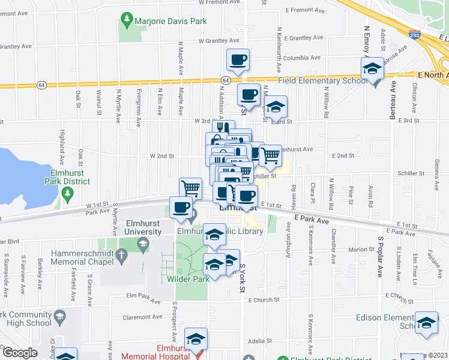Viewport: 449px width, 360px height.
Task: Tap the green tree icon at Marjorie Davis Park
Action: pos(127,21)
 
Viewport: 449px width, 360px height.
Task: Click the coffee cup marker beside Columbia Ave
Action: pos(238,59)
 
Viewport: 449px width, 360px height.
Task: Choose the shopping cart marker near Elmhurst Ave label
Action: pos(271,155)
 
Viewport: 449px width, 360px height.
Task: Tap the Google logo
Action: pos(19,353)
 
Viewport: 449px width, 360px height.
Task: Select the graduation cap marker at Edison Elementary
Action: pos(426,322)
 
